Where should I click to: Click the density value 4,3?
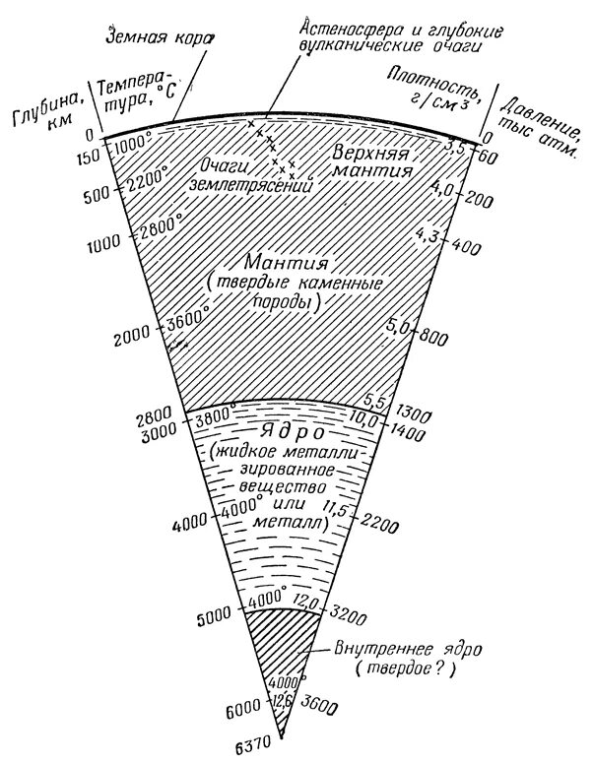(431, 237)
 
